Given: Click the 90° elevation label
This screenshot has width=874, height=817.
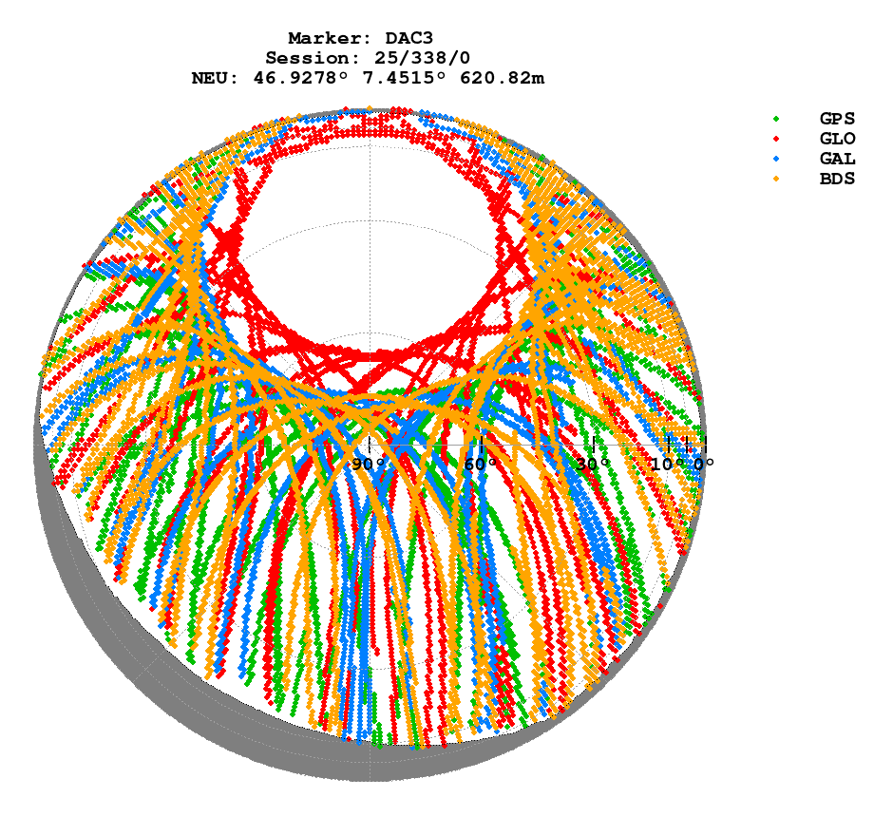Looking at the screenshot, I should (x=368, y=464).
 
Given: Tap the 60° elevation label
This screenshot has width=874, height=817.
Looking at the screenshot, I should (x=481, y=464).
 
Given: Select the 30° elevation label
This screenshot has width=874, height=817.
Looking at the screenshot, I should (x=593, y=464).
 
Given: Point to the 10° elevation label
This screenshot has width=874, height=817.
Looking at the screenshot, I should (x=666, y=464).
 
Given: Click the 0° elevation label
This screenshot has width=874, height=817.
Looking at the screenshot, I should (x=703, y=464).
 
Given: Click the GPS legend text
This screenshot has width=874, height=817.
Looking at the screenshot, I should (x=837, y=119).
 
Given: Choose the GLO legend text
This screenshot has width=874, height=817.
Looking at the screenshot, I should (x=837, y=139).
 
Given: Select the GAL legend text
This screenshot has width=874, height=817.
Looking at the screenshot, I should (x=837, y=159).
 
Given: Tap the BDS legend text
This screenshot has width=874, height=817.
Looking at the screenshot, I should (x=837, y=179).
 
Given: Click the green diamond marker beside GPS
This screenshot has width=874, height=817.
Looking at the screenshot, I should (x=776, y=119).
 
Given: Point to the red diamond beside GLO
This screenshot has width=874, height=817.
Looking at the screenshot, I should (x=776, y=139).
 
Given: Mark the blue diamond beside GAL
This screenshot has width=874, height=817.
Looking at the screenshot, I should (x=776, y=159).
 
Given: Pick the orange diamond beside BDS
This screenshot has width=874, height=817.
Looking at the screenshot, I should (x=776, y=179).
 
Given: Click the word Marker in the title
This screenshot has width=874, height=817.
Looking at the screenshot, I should (x=324, y=38).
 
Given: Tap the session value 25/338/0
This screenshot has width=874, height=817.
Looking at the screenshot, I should (x=414, y=58).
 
